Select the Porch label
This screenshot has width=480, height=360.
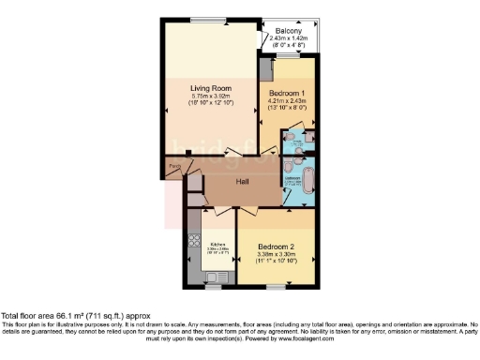click(173, 169)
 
